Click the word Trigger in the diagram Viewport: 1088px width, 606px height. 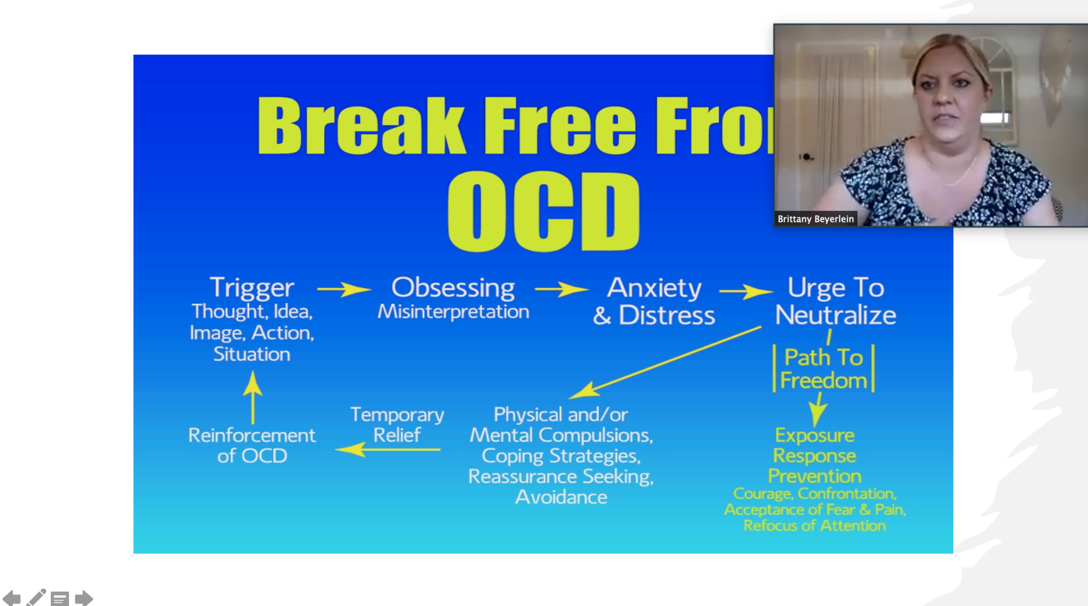tap(252, 288)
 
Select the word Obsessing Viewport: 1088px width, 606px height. tap(453, 288)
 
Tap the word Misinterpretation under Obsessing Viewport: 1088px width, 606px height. tap(453, 312)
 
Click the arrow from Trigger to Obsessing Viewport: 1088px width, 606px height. tap(344, 289)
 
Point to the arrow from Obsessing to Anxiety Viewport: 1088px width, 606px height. tap(562, 289)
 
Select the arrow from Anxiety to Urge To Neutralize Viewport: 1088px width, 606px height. tap(746, 291)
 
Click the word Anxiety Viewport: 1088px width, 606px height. tap(654, 288)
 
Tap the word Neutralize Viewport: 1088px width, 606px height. tap(835, 315)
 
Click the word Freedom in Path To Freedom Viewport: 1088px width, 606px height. tap(823, 381)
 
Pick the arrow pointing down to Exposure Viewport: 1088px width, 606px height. tap(818, 410)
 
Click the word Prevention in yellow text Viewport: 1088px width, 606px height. tap(814, 476)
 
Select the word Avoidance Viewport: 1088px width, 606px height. tap(561, 497)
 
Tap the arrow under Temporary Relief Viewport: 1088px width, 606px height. tap(388, 450)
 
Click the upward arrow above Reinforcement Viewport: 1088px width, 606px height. tap(253, 397)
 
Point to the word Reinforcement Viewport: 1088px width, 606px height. tap(252, 435)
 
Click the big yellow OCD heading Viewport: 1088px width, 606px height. tap(543, 211)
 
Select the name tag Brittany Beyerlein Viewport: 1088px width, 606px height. tap(815, 219)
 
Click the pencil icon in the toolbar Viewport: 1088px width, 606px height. tap(36, 597)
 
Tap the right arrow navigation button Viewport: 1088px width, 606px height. tap(84, 598)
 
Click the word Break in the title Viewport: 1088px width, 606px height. tap(361, 126)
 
